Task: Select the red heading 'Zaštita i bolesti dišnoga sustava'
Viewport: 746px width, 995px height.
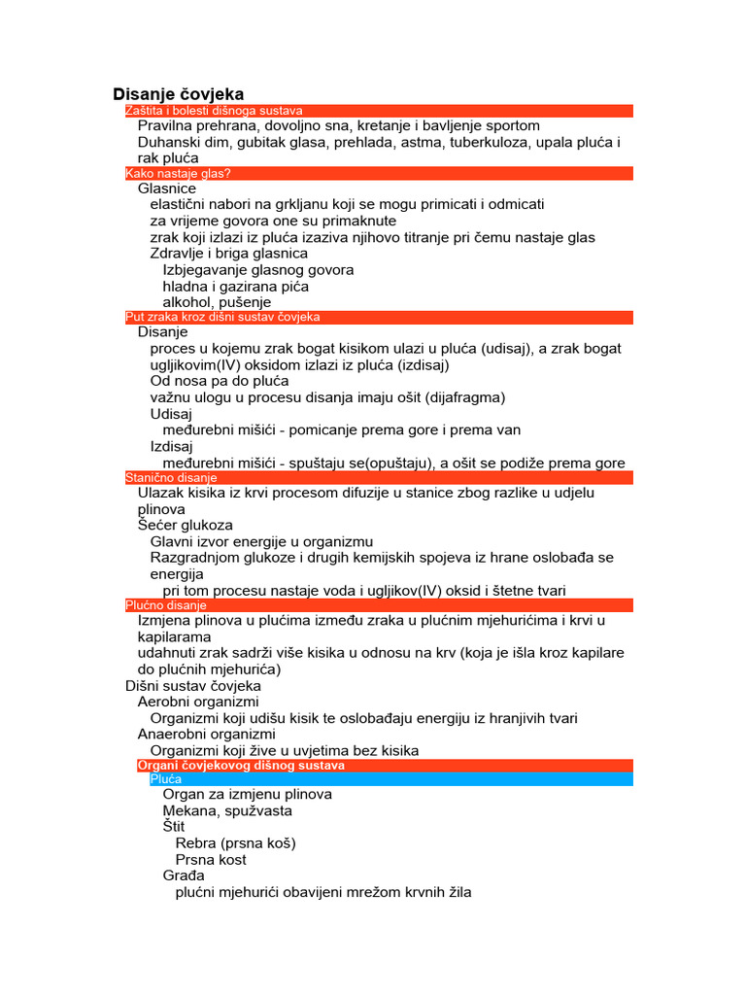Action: (214, 112)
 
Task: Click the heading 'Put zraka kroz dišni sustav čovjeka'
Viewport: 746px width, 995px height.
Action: (222, 317)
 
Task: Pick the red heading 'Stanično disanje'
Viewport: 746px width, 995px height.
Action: (171, 478)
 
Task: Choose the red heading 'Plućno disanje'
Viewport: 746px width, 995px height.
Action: (166, 605)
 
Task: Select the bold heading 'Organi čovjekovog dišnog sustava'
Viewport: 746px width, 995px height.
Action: (241, 766)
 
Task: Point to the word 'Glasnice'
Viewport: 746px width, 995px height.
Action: (167, 189)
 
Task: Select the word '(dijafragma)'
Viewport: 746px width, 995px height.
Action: (460, 396)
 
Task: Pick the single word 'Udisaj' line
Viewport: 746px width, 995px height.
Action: (172, 413)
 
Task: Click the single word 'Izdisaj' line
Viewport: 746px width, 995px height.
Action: (173, 446)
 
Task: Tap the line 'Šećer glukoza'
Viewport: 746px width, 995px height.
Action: (186, 525)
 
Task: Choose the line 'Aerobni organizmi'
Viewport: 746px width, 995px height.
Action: (198, 702)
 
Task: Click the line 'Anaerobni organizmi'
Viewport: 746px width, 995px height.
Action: (206, 735)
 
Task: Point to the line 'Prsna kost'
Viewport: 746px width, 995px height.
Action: (211, 860)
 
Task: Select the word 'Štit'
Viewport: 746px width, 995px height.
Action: (174, 827)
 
